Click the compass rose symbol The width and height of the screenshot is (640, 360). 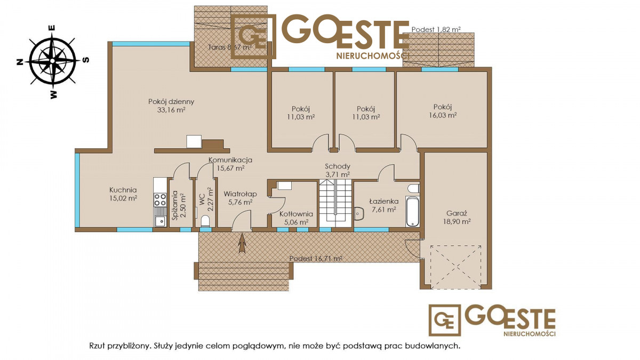pos(53,61)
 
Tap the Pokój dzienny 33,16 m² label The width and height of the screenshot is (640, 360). pos(171,106)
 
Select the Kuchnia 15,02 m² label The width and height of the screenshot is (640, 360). pos(123,194)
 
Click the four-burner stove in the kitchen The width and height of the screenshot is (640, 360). pos(160,199)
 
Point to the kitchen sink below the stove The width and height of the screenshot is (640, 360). pos(160,220)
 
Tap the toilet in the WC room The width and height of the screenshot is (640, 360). pos(205,221)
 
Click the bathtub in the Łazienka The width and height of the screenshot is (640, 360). pos(413,211)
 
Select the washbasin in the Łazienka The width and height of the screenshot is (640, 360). pos(359,213)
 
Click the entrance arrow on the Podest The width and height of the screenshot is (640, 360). pos(242,243)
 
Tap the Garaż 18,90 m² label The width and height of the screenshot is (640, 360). pos(457,217)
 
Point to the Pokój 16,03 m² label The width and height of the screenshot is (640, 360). pos(443,111)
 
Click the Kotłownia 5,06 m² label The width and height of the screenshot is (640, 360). pos(296,218)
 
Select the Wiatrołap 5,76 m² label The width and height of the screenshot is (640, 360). pos(240,198)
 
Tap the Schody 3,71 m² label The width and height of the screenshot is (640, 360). pos(338,170)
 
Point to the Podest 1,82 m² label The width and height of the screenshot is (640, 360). pos(436,29)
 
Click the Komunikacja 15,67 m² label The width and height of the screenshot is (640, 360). pos(230,164)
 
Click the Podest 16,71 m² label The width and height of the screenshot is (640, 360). pos(316,259)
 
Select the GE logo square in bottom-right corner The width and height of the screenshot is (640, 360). pos(445,321)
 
